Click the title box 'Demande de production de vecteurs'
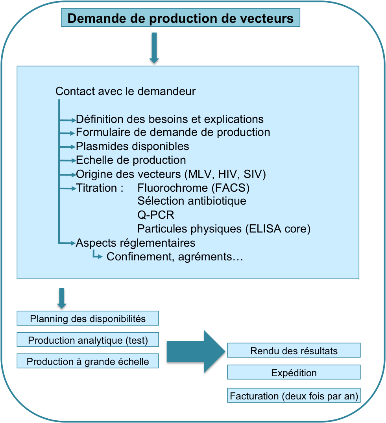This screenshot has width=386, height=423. pyautogui.click(x=181, y=18)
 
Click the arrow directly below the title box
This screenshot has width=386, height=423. pyautogui.click(x=154, y=48)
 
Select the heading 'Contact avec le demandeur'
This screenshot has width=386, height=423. pyautogui.click(x=126, y=92)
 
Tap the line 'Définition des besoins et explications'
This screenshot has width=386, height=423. pyautogui.click(x=170, y=119)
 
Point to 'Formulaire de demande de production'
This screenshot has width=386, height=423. pyautogui.click(x=173, y=132)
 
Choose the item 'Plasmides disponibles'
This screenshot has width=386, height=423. pyautogui.click(x=132, y=146)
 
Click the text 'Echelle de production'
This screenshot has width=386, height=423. pyautogui.click(x=131, y=160)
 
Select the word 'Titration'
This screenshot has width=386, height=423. pyautogui.click(x=96, y=188)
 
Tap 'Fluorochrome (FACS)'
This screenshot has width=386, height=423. pyautogui.click(x=194, y=188)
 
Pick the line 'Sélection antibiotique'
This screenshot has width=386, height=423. pyautogui.click(x=192, y=201)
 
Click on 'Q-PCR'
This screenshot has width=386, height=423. pyautogui.click(x=156, y=215)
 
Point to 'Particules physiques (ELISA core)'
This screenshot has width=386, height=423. pyautogui.click(x=224, y=229)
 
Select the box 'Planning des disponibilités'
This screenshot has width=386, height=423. pyautogui.click(x=88, y=319)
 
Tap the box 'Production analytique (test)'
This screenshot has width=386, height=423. pyautogui.click(x=88, y=340)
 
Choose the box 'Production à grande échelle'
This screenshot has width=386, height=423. pyautogui.click(x=88, y=361)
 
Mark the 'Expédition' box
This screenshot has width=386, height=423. pyautogui.click(x=294, y=373)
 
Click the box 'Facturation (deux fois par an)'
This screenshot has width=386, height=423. pyautogui.click(x=294, y=396)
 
